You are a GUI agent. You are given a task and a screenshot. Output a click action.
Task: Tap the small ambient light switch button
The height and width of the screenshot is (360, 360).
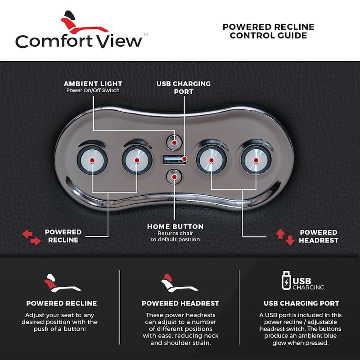pyautogui.click(x=174, y=141)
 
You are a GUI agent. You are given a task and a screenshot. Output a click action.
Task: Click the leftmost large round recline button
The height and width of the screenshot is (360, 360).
pyautogui.click(x=92, y=160)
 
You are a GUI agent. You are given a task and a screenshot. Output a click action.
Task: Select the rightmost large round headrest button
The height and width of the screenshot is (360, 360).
pyautogui.click(x=256, y=160)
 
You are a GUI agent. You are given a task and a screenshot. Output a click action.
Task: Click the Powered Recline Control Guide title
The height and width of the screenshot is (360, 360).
pyautogui.click(x=268, y=31)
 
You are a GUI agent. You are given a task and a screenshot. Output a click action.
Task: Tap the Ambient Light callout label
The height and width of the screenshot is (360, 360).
pyautogui.click(x=93, y=84)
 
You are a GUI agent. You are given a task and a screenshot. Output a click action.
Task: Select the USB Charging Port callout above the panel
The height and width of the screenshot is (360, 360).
pyautogui.click(x=183, y=87)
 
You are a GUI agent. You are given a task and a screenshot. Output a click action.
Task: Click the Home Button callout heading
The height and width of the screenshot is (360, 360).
pyautogui.click(x=175, y=226)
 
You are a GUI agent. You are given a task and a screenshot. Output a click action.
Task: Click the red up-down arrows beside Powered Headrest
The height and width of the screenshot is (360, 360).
pyautogui.click(x=285, y=236)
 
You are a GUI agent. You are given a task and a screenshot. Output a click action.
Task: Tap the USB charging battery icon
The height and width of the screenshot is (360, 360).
pyautogui.click(x=286, y=280)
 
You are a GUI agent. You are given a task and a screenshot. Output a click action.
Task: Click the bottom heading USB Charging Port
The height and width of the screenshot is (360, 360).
pyautogui.click(x=301, y=303)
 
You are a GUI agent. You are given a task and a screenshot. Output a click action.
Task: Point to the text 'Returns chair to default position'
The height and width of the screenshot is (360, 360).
pyautogui.click(x=175, y=236)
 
